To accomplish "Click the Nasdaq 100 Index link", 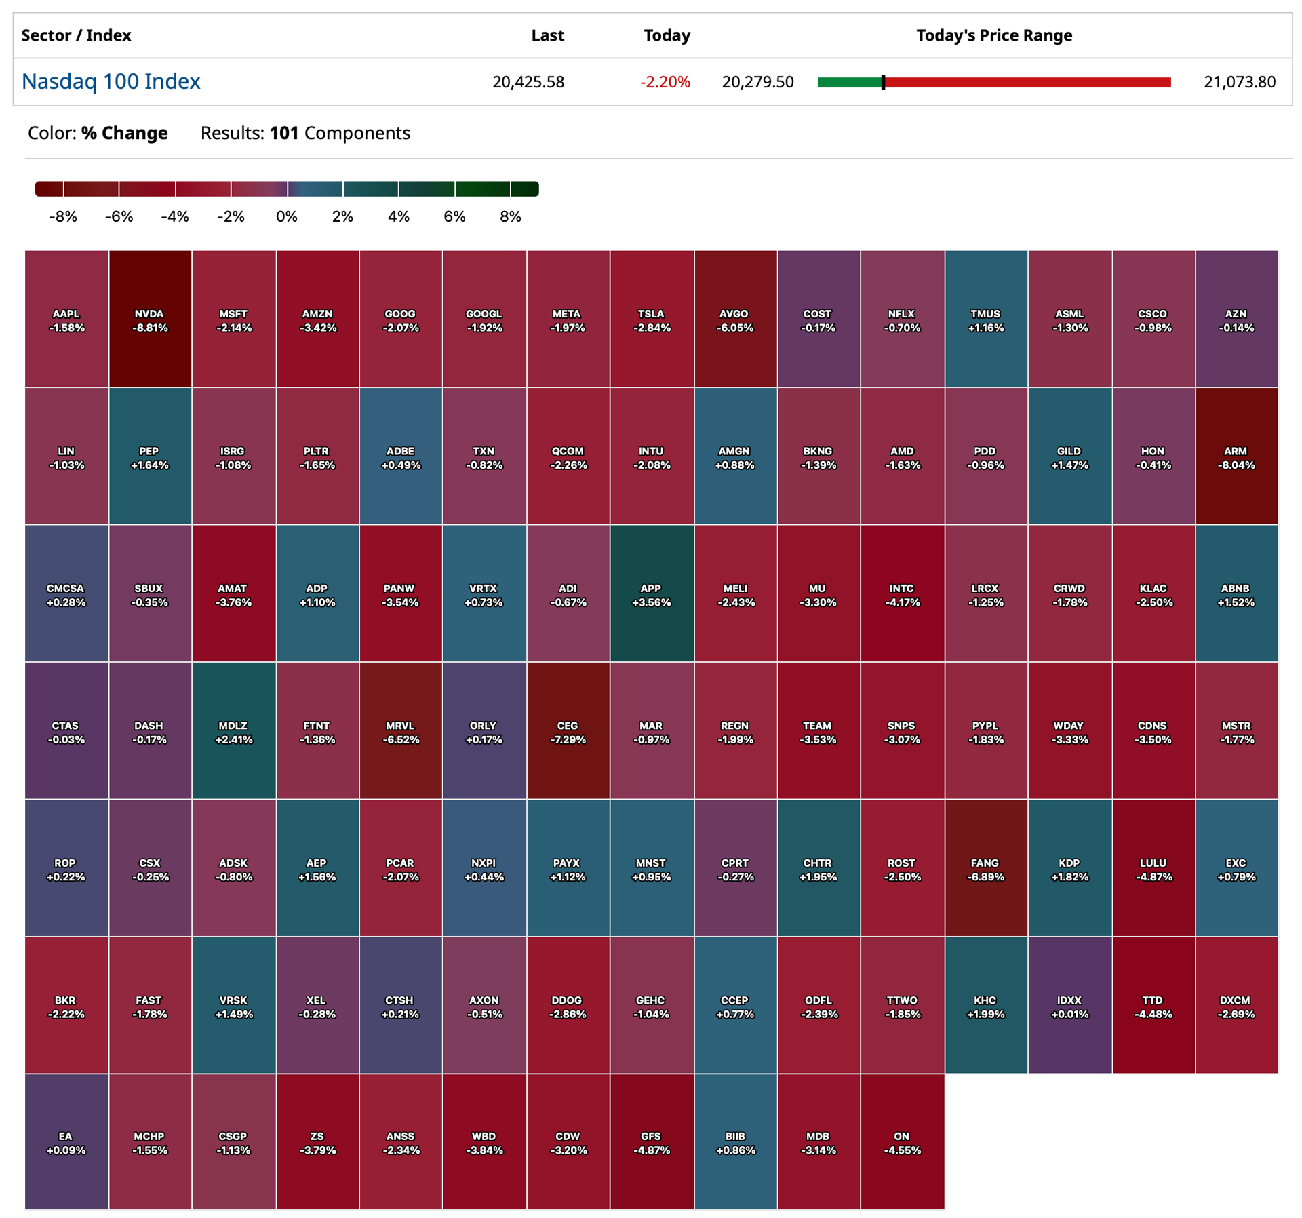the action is click(111, 81).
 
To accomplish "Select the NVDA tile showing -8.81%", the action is click(150, 319).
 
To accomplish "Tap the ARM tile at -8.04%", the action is click(1236, 456).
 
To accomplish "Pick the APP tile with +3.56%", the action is click(652, 593).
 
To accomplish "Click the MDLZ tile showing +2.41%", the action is click(233, 730).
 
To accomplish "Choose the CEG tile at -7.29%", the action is click(568, 730).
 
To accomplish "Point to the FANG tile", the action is click(985, 868).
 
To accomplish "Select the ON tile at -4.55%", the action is click(902, 1141).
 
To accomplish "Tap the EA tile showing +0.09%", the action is click(66, 1141).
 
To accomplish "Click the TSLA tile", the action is click(652, 319).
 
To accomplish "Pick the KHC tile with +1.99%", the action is click(985, 1005).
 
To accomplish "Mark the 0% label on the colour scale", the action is click(287, 216).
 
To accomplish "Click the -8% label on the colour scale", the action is click(63, 216).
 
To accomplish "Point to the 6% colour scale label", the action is click(454, 216).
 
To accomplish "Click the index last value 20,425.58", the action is click(528, 82).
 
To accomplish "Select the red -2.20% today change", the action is click(665, 82).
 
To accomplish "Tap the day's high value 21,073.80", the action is click(1239, 82).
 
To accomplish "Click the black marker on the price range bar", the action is click(883, 82).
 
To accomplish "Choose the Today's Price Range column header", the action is click(994, 35).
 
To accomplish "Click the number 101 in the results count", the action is click(284, 133).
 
